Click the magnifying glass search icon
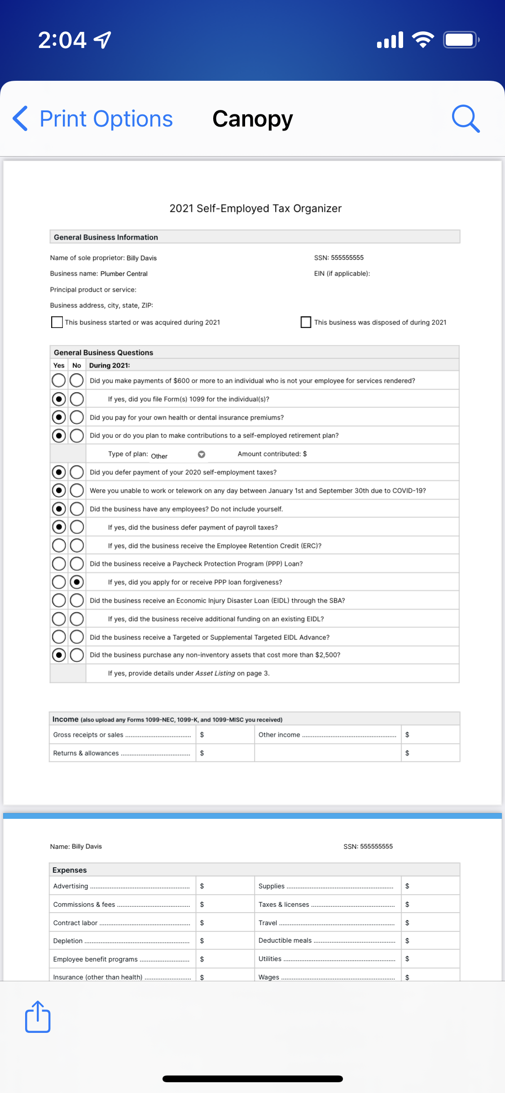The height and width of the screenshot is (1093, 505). point(465,119)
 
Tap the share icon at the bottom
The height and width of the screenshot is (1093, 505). point(38,1017)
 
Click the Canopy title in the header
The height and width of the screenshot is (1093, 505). point(252,119)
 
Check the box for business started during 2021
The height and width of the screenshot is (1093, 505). point(57,322)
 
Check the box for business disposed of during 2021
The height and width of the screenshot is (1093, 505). point(306,322)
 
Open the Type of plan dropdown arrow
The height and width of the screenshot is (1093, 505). point(202,455)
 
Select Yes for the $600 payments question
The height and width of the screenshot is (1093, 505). point(59,380)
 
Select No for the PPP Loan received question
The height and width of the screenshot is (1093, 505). point(77,564)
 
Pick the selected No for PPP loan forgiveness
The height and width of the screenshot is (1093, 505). point(77,582)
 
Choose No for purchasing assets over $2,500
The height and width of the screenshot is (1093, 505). point(77,655)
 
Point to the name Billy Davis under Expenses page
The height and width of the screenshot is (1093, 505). point(87,846)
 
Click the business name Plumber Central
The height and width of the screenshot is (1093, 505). point(124,274)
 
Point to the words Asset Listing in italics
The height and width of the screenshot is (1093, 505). point(215,673)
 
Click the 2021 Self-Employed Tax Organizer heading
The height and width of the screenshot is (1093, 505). point(255,209)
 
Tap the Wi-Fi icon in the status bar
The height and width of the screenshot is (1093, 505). point(423,40)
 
